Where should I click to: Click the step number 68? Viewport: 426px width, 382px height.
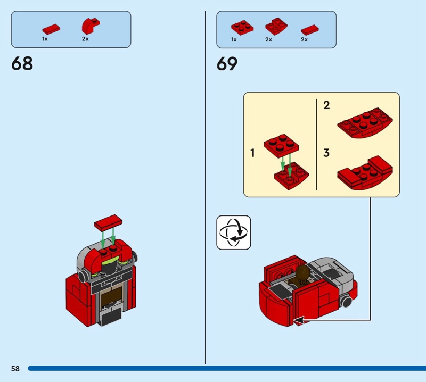[x=22, y=63]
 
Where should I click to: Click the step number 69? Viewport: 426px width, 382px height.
[x=227, y=64]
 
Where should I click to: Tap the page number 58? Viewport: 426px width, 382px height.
[x=15, y=368]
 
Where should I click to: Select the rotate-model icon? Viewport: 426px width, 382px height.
[x=234, y=232]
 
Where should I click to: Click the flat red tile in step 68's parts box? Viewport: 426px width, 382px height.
[x=51, y=29]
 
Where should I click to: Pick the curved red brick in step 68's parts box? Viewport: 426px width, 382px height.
[x=91, y=26]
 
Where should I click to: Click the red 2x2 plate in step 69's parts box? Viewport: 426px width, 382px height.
[x=242, y=28]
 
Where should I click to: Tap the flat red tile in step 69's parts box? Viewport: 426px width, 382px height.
[x=310, y=30]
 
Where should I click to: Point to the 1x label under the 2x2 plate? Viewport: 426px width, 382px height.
[x=234, y=40]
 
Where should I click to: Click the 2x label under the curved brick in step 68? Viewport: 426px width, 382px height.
[x=85, y=39]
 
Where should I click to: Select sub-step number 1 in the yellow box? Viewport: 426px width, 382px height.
[x=252, y=153]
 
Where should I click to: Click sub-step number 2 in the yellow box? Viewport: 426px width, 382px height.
[x=326, y=105]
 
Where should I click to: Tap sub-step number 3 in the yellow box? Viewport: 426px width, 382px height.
[x=326, y=153]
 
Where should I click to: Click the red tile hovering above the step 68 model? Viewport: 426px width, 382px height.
[x=108, y=221]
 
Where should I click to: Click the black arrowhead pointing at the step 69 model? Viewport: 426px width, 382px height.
[x=299, y=320]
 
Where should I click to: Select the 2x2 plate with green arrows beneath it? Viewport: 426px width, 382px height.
[x=281, y=146]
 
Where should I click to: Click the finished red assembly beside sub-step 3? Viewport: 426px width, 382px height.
[x=365, y=173]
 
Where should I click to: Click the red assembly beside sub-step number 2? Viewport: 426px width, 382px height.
[x=365, y=123]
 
